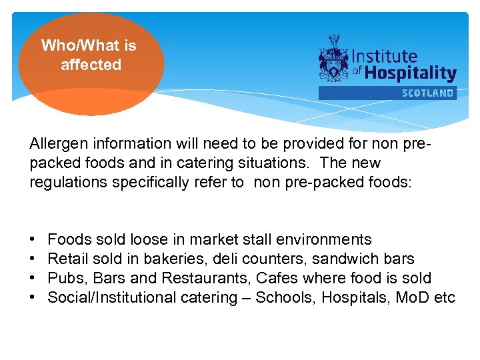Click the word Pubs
pos(65,278)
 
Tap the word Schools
pos(285,297)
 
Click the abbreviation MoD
pos(412,297)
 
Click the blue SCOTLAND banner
pos(387,93)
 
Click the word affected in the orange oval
pos(91,65)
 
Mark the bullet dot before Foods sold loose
pos(33,239)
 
